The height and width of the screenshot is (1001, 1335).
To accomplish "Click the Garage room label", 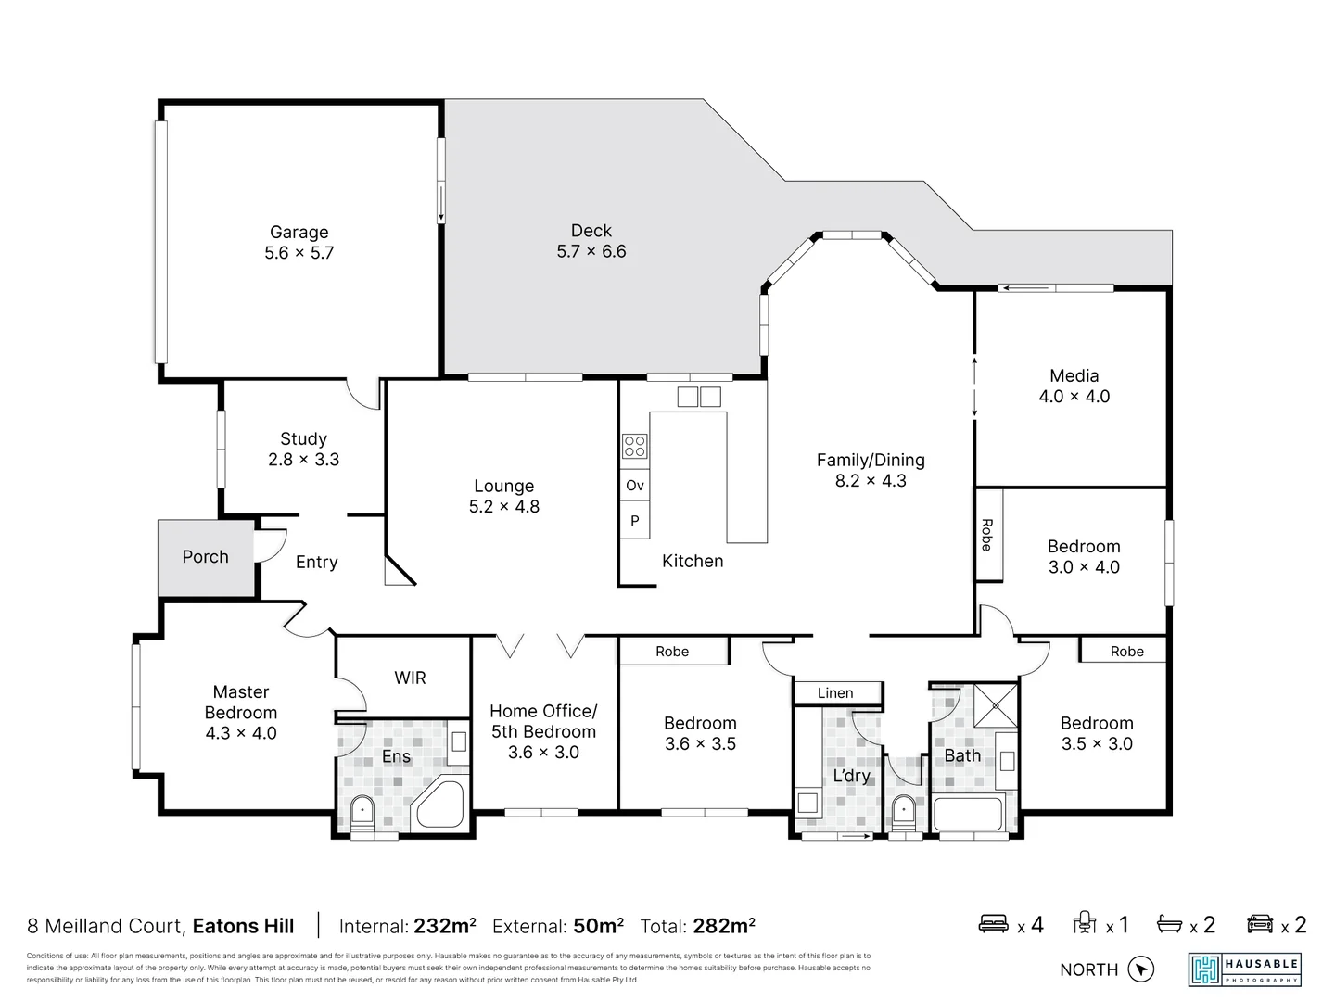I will (x=299, y=232).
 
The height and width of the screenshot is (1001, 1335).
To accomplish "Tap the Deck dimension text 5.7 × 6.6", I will (x=591, y=251).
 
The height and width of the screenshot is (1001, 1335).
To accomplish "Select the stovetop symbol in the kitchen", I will (x=634, y=446).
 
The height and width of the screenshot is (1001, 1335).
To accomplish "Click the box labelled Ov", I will (x=634, y=486).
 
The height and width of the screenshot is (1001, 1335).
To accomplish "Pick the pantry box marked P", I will (x=634, y=521).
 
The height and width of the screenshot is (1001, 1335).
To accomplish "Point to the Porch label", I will (x=205, y=557).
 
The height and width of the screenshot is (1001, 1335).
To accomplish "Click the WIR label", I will (x=410, y=678).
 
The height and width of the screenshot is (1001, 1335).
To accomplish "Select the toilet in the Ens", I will (x=362, y=811).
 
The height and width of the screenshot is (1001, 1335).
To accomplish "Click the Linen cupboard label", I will (x=835, y=692).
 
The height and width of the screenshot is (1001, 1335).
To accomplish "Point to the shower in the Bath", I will (x=995, y=705).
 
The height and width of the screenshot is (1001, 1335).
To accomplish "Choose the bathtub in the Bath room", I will (x=968, y=814).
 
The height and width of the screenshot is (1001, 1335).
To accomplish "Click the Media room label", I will (x=1074, y=375).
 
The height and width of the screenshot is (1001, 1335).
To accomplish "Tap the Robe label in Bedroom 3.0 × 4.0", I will (x=987, y=535).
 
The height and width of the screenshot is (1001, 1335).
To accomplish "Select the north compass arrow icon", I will (x=1141, y=969).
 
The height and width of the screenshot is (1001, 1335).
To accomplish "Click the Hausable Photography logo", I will (x=1245, y=969).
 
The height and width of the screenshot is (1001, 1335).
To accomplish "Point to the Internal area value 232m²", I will (x=445, y=926).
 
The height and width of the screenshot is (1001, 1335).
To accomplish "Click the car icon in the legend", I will (x=1260, y=923).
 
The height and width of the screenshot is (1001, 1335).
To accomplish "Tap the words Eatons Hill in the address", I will (x=243, y=926).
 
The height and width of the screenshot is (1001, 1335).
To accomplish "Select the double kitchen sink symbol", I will (x=699, y=397).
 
